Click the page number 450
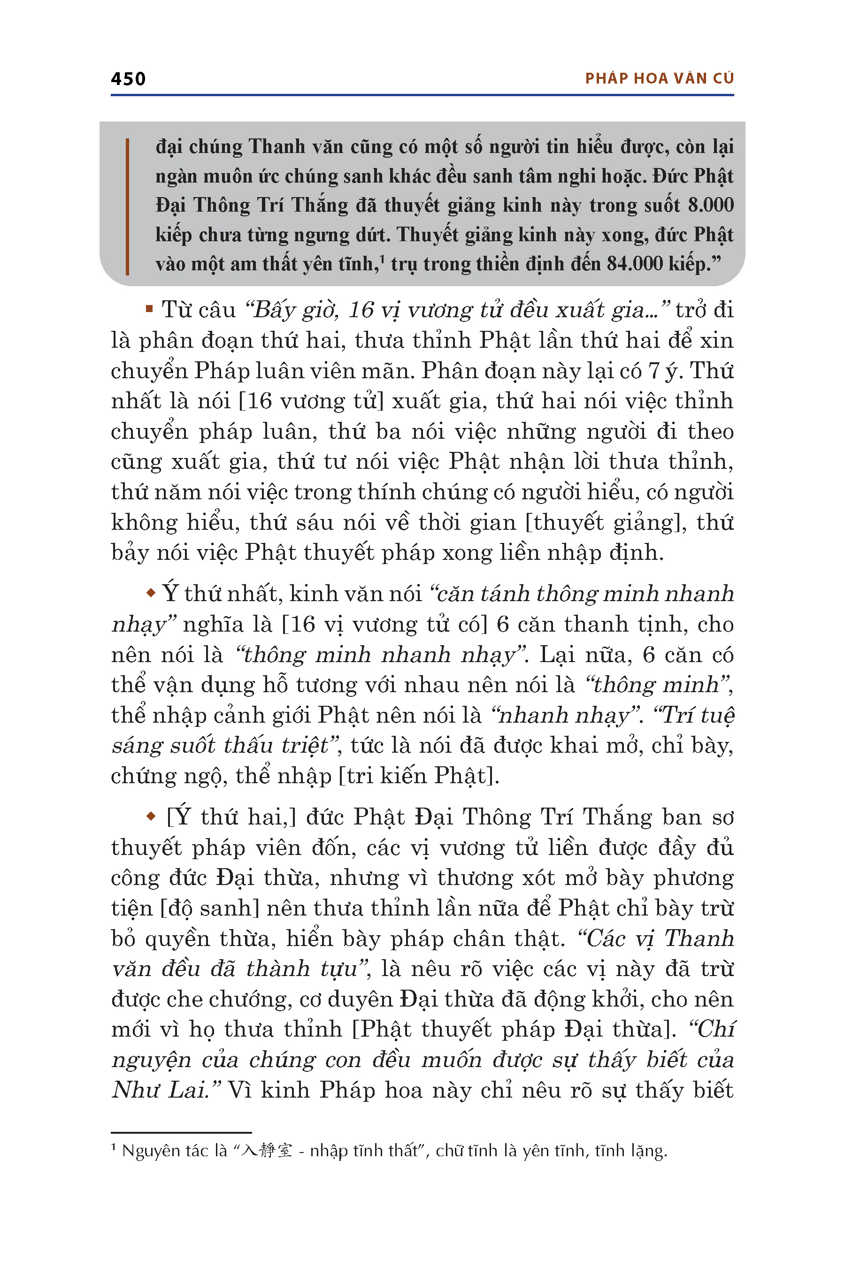pos(128,79)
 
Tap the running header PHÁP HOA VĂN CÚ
pos(659,79)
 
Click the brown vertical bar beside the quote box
pos(127,206)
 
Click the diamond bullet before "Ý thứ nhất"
pos(150,593)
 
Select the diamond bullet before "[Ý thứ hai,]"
pos(150,817)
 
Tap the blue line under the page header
pos(422,95)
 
